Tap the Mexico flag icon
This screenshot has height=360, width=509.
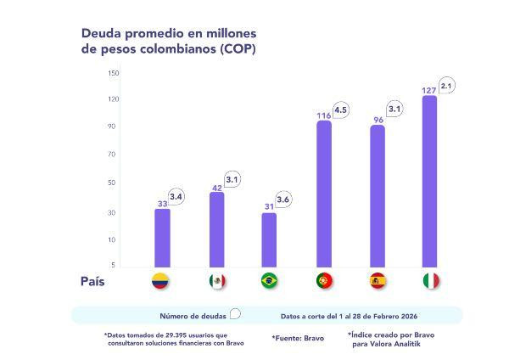215,281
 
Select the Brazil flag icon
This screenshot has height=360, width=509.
269,281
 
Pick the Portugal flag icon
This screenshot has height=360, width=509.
323,281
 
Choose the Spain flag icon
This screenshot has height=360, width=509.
378,281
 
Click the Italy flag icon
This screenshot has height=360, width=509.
431,281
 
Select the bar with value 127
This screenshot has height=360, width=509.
429,182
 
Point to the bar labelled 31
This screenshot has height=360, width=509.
269,240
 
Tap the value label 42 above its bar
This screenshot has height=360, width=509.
215,188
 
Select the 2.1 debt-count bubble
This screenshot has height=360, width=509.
447,86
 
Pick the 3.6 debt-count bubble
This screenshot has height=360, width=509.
283,199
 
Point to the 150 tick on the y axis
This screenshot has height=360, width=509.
113,73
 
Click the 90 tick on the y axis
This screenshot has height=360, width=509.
113,127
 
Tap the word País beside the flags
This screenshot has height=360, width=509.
92,281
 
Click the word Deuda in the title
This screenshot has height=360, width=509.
102,33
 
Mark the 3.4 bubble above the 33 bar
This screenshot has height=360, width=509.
176,197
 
